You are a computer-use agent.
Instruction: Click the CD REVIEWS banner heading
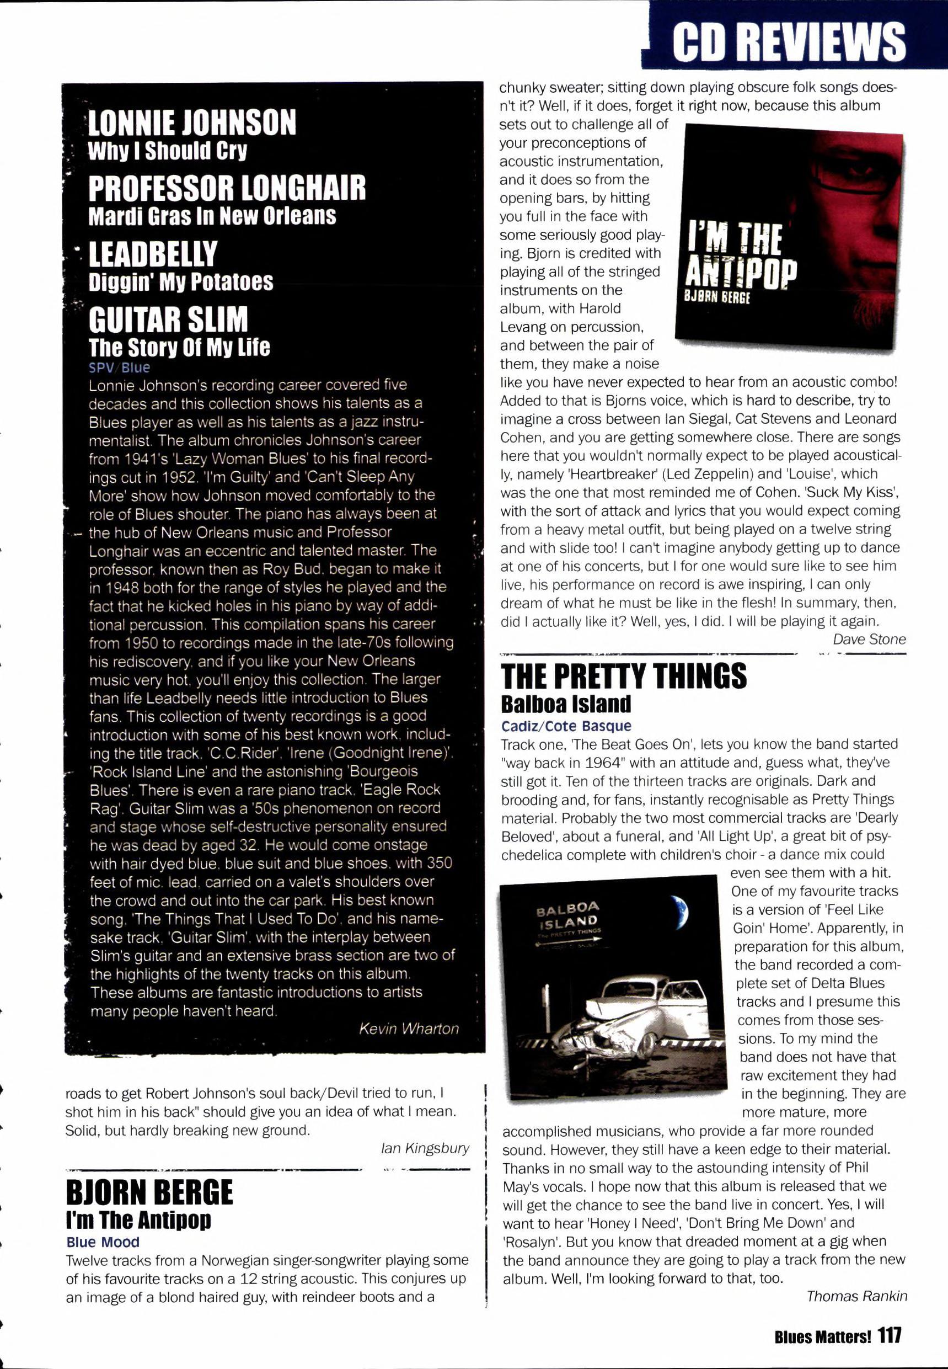[x=788, y=41]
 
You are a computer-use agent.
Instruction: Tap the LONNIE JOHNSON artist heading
[x=192, y=122]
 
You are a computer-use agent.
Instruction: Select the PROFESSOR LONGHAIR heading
[x=227, y=188]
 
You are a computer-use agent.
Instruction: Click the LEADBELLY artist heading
[x=153, y=254]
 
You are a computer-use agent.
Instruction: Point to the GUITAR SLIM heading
[x=168, y=319]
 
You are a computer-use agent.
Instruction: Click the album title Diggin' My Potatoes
[x=180, y=281]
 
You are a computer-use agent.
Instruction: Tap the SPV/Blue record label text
[x=119, y=367]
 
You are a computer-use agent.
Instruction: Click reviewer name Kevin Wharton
[x=409, y=1029]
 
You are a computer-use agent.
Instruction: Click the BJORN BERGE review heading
[x=149, y=1192]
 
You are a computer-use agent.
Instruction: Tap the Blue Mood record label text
[x=103, y=1242]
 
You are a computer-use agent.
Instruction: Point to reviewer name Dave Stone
[x=869, y=639]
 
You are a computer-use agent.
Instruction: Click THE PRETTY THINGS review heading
[x=623, y=676]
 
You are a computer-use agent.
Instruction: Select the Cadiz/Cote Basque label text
[x=565, y=726]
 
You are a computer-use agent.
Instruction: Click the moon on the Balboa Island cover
[x=681, y=912]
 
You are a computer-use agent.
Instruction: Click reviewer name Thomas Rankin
[x=856, y=1296]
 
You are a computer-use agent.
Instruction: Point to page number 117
[x=889, y=1336]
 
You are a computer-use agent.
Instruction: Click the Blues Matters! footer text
[x=822, y=1337]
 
